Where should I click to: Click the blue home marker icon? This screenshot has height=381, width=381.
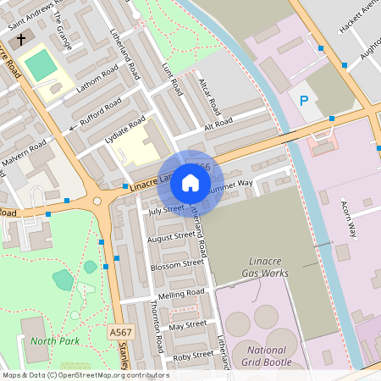pyautogui.click(x=190, y=183)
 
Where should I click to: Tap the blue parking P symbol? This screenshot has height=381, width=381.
pyautogui.click(x=304, y=101)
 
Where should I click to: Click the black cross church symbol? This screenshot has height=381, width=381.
pyautogui.click(x=20, y=40)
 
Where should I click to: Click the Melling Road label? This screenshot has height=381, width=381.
pyautogui.click(x=182, y=293)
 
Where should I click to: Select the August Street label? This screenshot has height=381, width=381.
pyautogui.click(x=171, y=237)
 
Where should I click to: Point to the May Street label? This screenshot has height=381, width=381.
pyautogui.click(x=188, y=324)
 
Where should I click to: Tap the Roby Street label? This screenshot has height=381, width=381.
pyautogui.click(x=193, y=356)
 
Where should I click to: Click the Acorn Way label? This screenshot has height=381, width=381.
pyautogui.click(x=347, y=219)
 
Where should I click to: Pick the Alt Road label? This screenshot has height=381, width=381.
pyautogui.click(x=218, y=124)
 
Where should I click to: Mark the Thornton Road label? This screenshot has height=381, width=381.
pyautogui.click(x=157, y=326)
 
